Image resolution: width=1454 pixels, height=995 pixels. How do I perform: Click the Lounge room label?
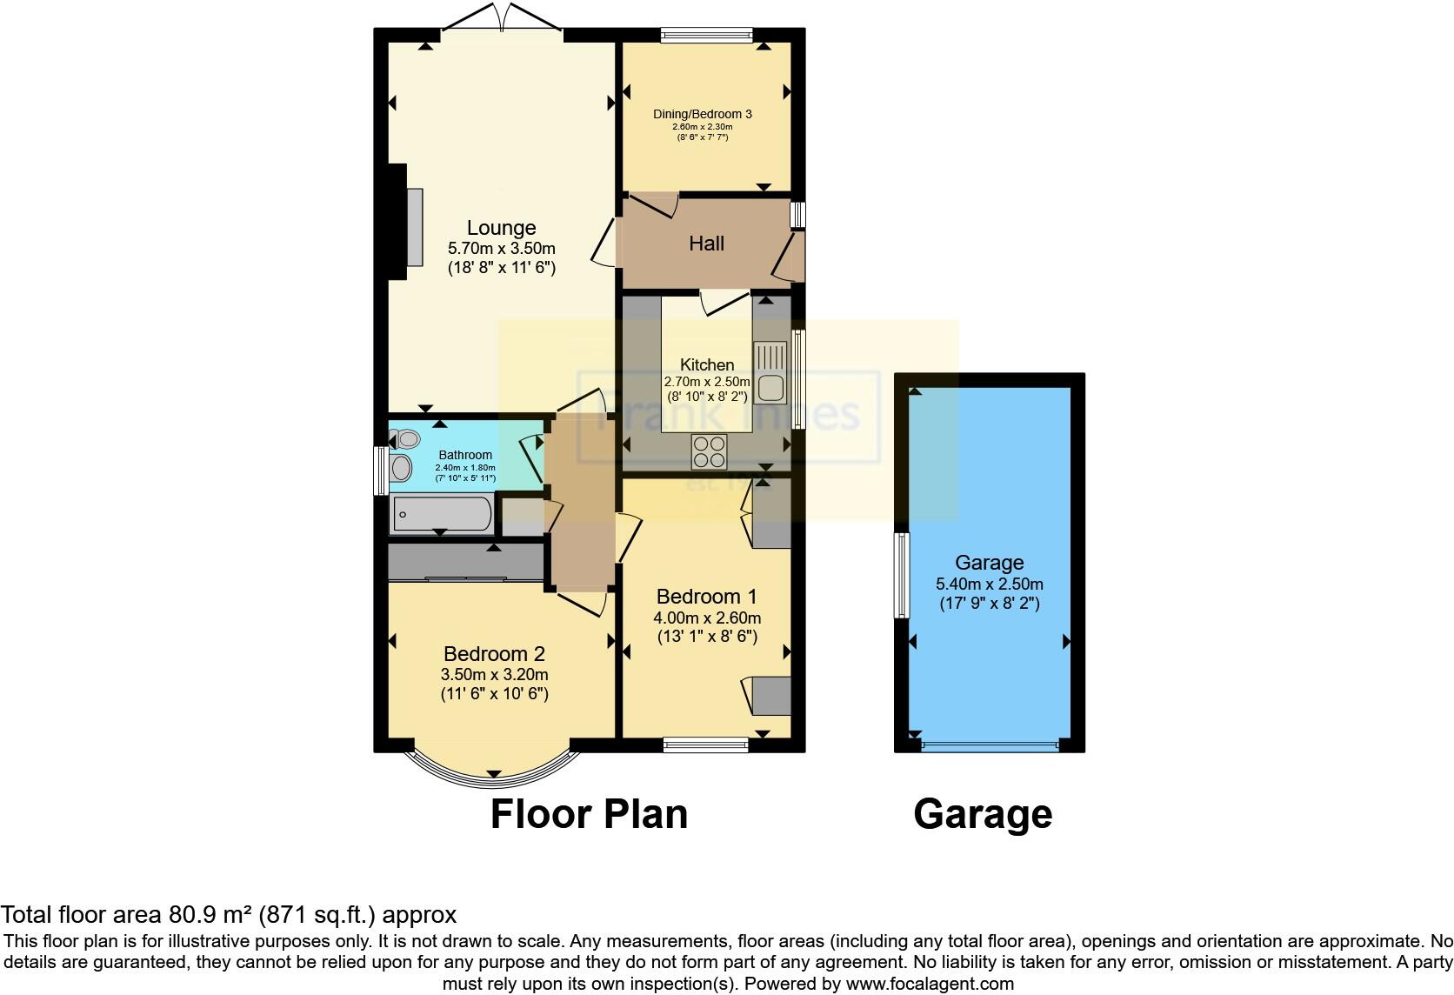click(x=501, y=228)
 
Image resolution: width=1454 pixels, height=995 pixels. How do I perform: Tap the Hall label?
click(x=706, y=244)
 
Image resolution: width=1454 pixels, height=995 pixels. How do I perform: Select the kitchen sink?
click(x=770, y=372)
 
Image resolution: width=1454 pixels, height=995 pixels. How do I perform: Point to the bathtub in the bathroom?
click(x=442, y=514)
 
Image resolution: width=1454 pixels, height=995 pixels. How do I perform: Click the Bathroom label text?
click(x=465, y=455)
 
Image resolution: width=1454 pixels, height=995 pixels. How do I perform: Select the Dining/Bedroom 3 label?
click(x=703, y=114)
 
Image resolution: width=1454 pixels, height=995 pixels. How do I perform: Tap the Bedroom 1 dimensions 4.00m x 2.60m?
click(x=707, y=618)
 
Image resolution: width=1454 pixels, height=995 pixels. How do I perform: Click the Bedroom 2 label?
click(x=494, y=654)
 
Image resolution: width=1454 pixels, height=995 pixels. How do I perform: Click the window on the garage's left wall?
click(x=902, y=575)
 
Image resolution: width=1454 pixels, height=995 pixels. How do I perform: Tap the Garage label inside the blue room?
click(x=989, y=563)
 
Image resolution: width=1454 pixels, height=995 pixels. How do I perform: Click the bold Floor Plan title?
click(x=589, y=814)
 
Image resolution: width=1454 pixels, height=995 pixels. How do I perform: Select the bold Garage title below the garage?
click(x=983, y=814)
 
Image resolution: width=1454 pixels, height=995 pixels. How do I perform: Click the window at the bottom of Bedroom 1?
click(x=705, y=745)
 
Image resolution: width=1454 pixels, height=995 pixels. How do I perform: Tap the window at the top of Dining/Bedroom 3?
click(x=705, y=36)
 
